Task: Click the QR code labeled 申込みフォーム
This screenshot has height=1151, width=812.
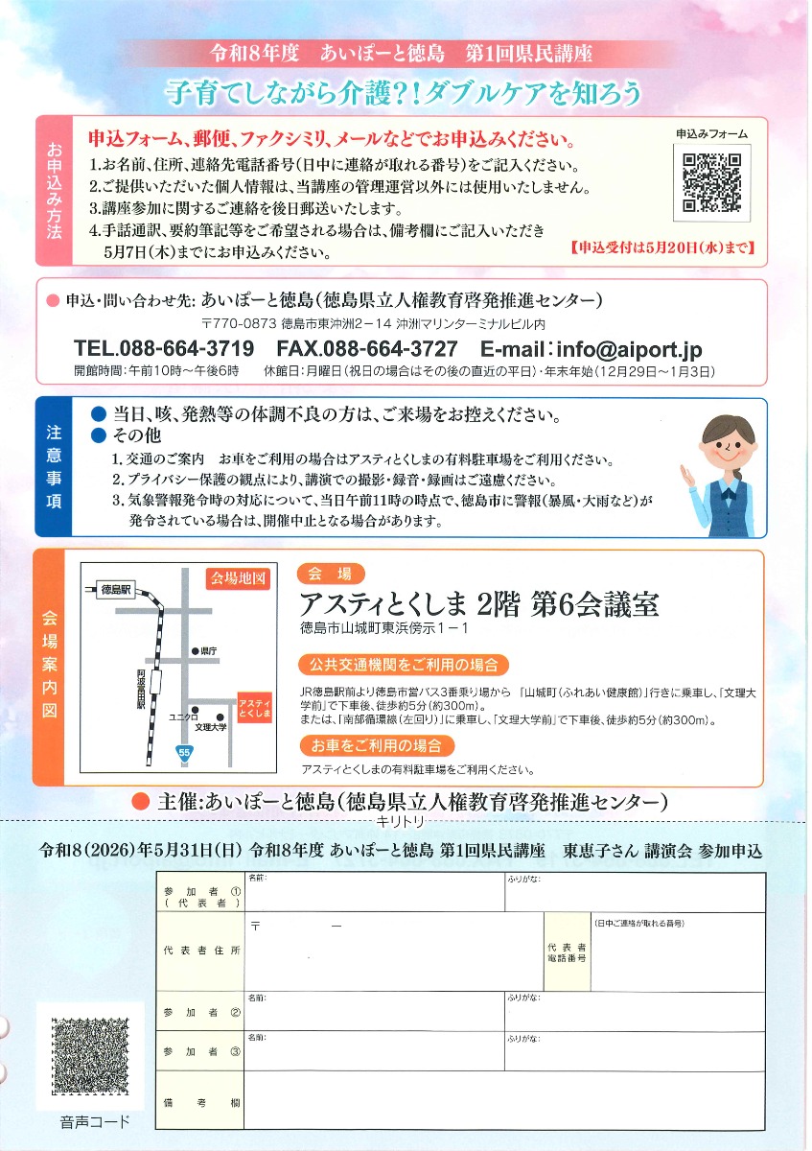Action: pos(711,182)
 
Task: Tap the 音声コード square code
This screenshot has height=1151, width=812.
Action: pos(89,1058)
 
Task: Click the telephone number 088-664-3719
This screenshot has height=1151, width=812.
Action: pos(164,347)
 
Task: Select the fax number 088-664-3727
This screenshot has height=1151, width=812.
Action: pos(367,347)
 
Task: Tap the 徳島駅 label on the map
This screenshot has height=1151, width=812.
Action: pos(117,589)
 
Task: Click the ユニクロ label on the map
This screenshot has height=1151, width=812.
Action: pos(183,716)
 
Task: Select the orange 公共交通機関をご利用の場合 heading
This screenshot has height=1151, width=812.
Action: pos(403,664)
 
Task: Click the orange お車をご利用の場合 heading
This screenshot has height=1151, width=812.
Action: pos(363,744)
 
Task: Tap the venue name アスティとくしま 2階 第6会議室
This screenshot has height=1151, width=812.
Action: pos(478,604)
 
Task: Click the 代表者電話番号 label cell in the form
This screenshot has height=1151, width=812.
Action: pos(568,951)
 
